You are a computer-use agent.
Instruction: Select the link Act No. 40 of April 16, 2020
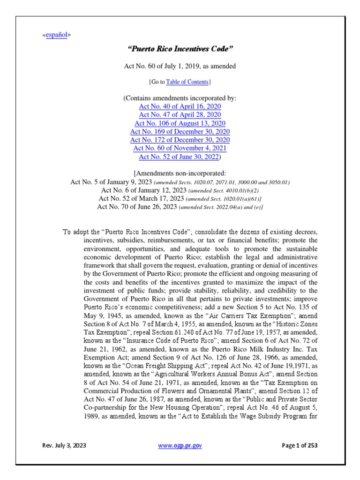pyautogui.click(x=180, y=106)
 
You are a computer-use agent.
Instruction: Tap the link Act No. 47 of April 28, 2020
pyautogui.click(x=180, y=115)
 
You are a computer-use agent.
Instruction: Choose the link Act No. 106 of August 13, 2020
pyautogui.click(x=180, y=123)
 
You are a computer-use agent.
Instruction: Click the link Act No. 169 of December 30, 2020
pyautogui.click(x=180, y=132)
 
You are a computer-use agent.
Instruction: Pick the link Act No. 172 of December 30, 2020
pyautogui.click(x=180, y=140)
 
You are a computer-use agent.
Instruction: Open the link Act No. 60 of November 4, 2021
pyautogui.click(x=180, y=148)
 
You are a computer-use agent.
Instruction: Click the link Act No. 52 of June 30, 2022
pyautogui.click(x=179, y=157)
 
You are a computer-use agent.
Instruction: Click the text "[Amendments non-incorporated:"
pyautogui.click(x=180, y=173)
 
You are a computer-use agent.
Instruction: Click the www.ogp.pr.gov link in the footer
pyautogui.click(x=180, y=445)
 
